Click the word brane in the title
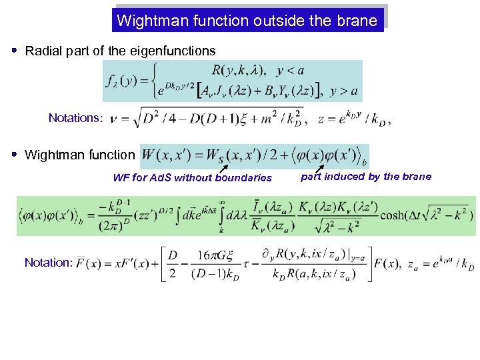pyautogui.click(x=359, y=21)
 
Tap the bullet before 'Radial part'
pyautogui.click(x=15, y=51)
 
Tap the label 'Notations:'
pyautogui.click(x=75, y=118)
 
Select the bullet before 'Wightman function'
pyautogui.click(x=15, y=155)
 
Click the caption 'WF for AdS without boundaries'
pyautogui.click(x=192, y=177)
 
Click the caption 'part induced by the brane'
pyautogui.click(x=366, y=177)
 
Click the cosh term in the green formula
pyautogui.click(x=395, y=215)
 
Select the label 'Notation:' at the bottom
pyautogui.click(x=48, y=263)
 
